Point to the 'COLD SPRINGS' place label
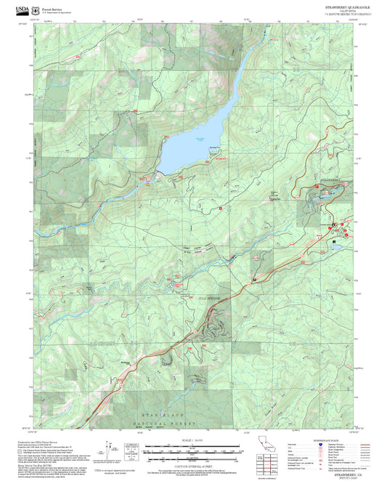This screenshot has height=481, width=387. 210,297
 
